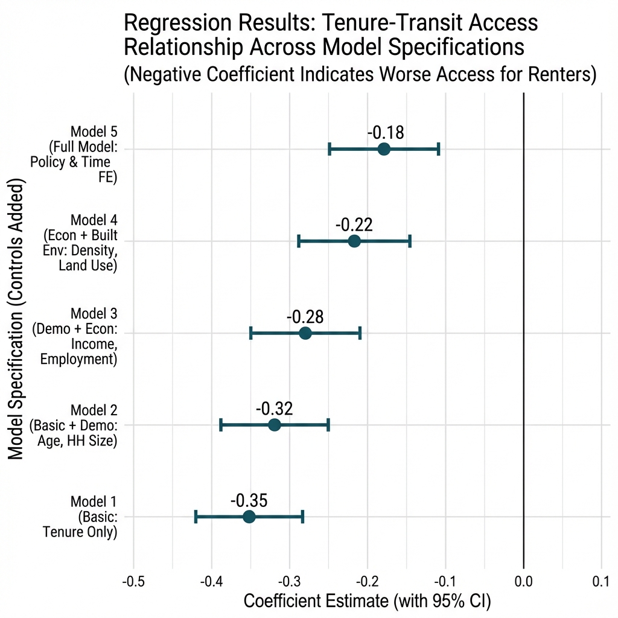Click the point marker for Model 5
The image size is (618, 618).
tap(384, 149)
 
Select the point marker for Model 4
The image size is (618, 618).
tap(354, 241)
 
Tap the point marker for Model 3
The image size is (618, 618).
tap(305, 333)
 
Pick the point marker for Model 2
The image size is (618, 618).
tap(275, 425)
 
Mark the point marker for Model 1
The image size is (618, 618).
tap(249, 517)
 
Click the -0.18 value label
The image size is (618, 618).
tap(385, 133)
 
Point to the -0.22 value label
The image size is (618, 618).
tap(354, 225)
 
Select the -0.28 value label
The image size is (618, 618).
tap(305, 317)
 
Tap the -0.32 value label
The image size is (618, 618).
tap(274, 409)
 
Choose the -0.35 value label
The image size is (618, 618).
tap(249, 500)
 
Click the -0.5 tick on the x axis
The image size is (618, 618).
tap(133, 582)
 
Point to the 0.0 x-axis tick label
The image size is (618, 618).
tap(523, 582)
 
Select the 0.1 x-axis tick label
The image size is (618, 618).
tap(601, 582)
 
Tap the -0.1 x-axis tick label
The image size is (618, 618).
tap(445, 582)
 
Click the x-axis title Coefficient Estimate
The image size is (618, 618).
tap(367, 602)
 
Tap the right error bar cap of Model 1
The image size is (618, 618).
tap(302, 517)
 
